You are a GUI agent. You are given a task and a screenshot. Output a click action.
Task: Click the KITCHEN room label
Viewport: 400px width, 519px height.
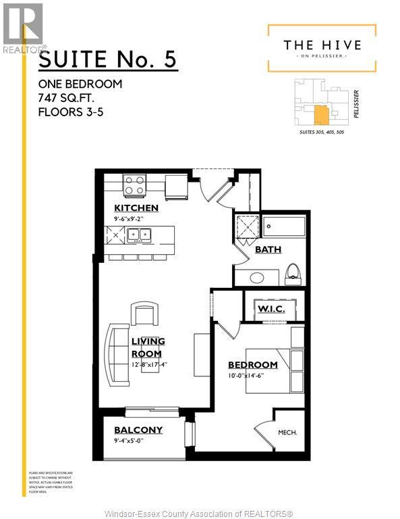coord(136,207)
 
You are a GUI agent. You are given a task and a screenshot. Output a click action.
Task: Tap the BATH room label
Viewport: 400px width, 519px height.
coord(268,249)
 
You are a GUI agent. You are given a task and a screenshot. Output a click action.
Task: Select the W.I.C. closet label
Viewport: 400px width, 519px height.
coord(271,309)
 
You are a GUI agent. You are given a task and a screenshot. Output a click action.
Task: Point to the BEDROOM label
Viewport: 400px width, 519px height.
coord(253,365)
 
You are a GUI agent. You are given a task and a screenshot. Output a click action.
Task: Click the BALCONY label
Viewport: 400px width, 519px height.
coord(138,430)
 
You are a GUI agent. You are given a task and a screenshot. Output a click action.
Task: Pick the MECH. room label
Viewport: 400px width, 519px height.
coord(288,432)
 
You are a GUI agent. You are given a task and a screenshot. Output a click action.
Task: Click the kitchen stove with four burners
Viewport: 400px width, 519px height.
coord(134,184)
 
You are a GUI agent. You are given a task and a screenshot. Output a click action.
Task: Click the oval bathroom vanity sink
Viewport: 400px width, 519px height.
coord(256,276)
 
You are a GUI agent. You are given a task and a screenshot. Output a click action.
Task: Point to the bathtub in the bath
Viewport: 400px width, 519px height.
coord(283,227)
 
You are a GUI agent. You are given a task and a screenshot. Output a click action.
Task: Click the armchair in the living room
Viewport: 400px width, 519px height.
coord(145,314)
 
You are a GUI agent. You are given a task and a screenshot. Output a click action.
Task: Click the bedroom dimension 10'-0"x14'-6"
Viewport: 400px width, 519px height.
coord(253,376)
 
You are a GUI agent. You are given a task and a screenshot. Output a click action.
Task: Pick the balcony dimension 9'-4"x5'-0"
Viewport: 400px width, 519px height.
coord(137,441)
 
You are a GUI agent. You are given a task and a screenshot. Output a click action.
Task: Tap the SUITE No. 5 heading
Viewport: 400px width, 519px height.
coord(107,59)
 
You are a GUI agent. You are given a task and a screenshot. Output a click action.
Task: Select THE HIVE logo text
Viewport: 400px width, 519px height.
coord(322,45)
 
